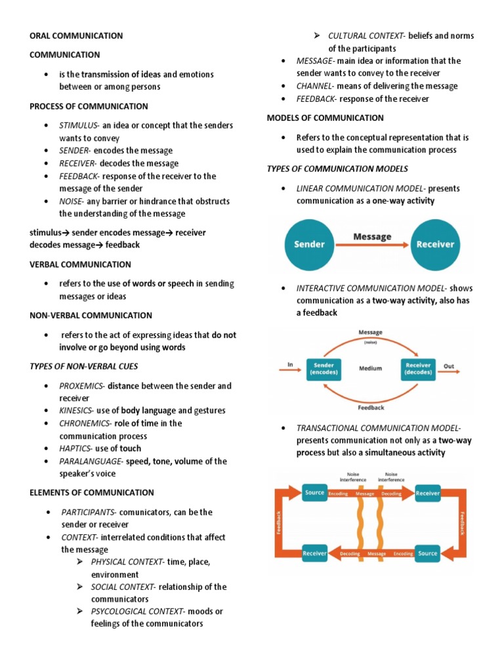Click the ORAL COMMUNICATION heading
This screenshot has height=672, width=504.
(x=76, y=35)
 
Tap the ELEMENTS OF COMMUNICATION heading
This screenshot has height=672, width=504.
(x=92, y=493)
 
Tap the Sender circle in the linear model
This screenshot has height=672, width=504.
(x=309, y=244)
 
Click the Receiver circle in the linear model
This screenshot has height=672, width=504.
(x=435, y=244)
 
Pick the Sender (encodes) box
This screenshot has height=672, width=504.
(x=324, y=369)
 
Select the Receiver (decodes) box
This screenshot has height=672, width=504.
(x=417, y=369)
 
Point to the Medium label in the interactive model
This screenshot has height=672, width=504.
(x=371, y=369)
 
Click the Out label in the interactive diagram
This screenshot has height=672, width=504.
(x=449, y=366)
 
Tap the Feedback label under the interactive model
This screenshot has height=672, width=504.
(x=371, y=408)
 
